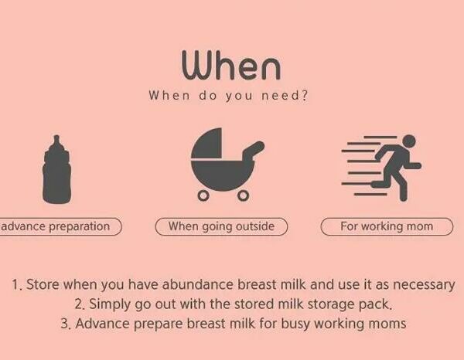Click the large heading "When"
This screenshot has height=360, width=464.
click(x=230, y=66)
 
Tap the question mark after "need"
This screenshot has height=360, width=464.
click(x=305, y=96)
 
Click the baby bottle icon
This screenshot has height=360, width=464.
click(x=56, y=169)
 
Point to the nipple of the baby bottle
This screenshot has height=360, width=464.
click(x=56, y=142)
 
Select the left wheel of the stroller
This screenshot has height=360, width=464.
click(x=203, y=195)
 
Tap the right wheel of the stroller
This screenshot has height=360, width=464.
click(x=243, y=195)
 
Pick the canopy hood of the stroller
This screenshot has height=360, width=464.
click(x=206, y=143)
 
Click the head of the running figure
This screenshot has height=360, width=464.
click(x=409, y=141)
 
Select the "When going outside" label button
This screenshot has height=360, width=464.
click(x=221, y=226)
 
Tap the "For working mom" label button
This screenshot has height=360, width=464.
click(x=387, y=226)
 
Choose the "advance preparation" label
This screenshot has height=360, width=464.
click(x=60, y=226)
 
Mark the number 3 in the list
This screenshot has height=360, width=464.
click(x=64, y=324)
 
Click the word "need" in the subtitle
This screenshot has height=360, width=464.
click(x=280, y=96)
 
